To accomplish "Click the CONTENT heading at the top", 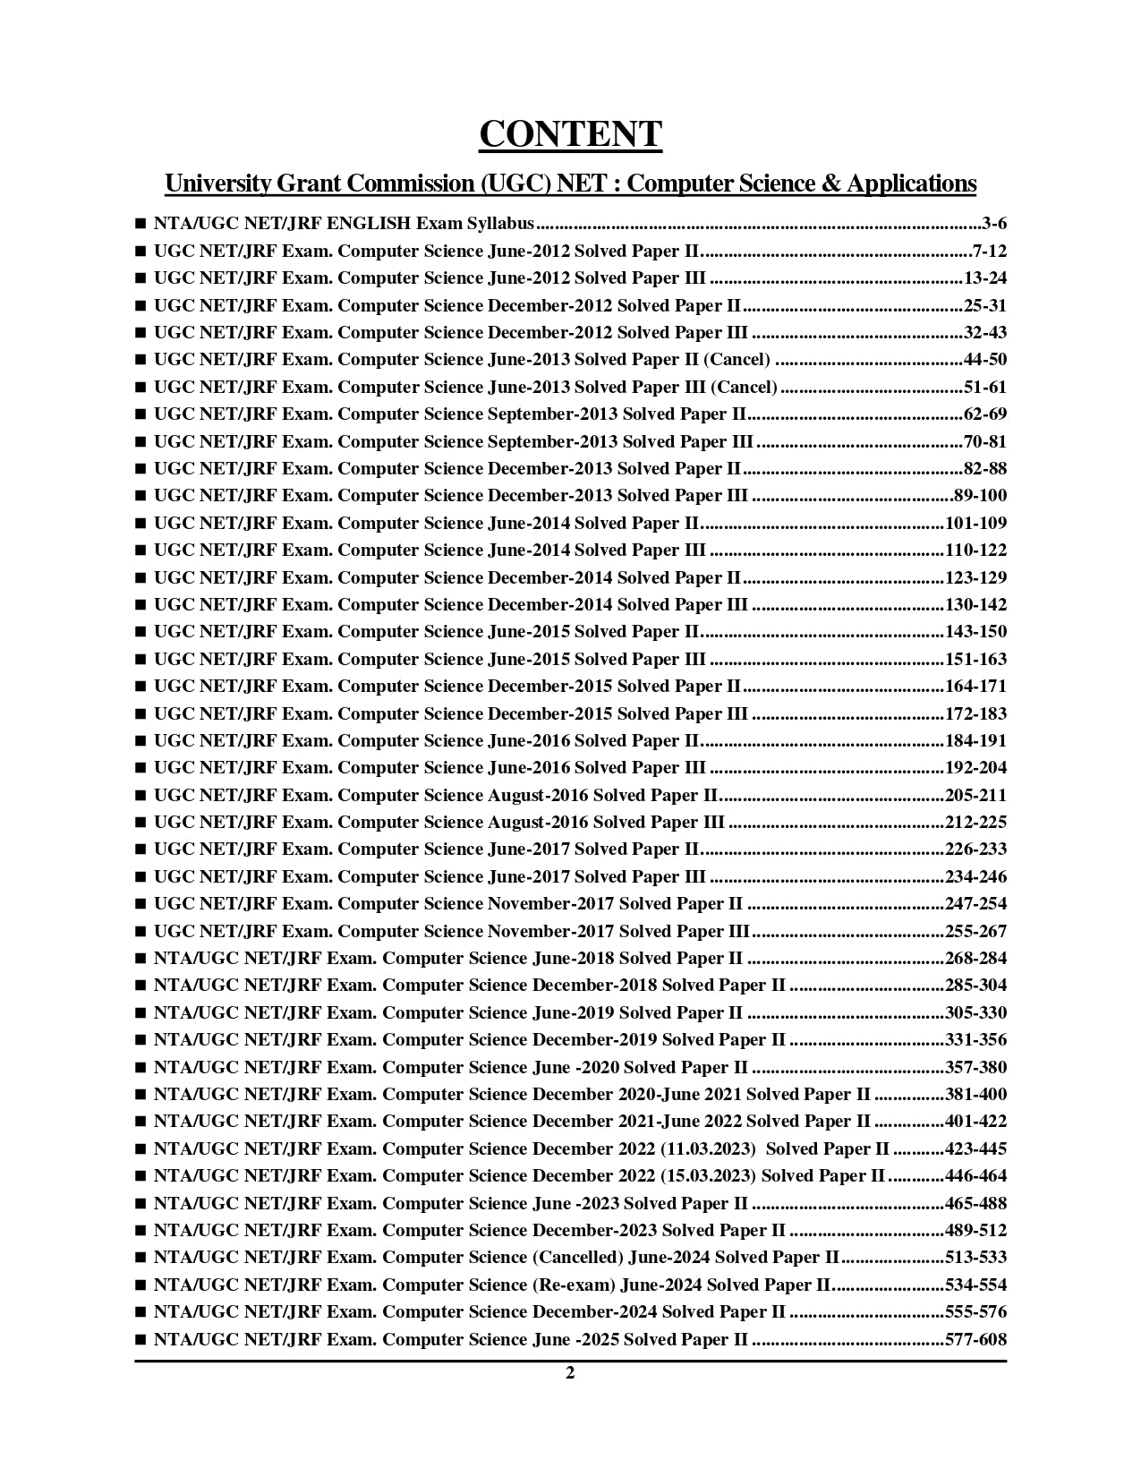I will tap(570, 134).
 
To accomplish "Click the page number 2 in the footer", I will tap(570, 1374).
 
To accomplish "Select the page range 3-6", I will tap(993, 224).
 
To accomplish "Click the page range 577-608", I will tap(975, 1339).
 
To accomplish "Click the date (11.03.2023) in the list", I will tap(708, 1148).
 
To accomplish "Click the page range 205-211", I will tap(975, 795).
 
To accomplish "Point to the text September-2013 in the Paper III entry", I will tap(552, 441).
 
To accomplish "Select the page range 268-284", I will tap(975, 958).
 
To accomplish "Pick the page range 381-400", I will tap(975, 1094).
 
